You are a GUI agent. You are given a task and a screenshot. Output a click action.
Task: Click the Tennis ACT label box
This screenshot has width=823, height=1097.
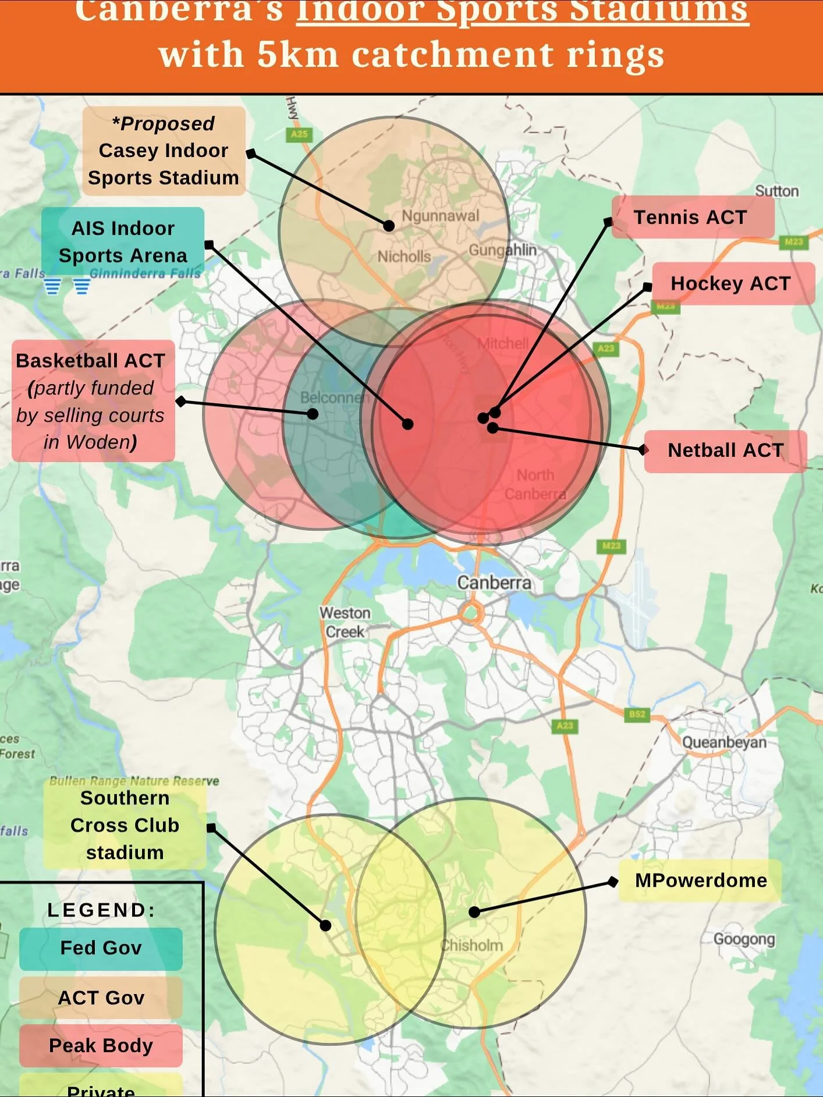pos(692,217)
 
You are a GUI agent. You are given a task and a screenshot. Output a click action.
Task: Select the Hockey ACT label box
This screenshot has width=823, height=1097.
pos(732,283)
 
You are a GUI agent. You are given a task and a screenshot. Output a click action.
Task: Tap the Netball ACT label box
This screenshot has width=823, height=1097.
pos(725,450)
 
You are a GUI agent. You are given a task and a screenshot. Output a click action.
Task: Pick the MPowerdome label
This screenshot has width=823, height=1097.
pos(700,881)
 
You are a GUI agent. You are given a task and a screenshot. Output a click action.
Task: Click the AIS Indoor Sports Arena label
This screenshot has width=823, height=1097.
pos(123,242)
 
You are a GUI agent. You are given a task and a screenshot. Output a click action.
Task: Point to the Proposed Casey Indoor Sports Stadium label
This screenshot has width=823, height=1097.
pos(164,151)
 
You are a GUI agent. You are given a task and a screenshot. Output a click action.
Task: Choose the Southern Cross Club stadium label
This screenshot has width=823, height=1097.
pos(125,825)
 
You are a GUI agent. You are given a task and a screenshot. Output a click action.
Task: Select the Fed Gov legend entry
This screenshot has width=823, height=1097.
pos(101,948)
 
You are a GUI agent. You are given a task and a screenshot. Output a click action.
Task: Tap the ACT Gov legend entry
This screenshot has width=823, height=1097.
pos(101,997)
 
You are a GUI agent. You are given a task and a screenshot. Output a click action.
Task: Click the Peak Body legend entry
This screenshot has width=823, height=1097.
pos(101,1046)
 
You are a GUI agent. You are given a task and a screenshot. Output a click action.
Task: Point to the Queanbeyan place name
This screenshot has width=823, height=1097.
pos(723,743)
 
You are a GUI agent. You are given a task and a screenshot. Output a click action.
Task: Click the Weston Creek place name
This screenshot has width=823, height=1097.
pos(345,622)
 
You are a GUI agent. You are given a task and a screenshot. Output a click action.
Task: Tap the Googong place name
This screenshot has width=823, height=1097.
pos(744,939)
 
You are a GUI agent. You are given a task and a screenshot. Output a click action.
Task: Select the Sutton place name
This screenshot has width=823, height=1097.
pos(776,191)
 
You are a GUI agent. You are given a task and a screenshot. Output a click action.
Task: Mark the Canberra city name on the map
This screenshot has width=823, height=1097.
pos(494,583)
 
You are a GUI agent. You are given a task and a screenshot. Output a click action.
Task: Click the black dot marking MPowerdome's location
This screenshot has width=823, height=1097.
pos(474,912)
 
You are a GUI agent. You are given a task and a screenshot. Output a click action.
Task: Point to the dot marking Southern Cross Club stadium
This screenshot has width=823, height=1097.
pos(326,925)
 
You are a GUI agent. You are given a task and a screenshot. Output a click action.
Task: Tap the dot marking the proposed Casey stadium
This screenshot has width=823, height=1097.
pos(389,226)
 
